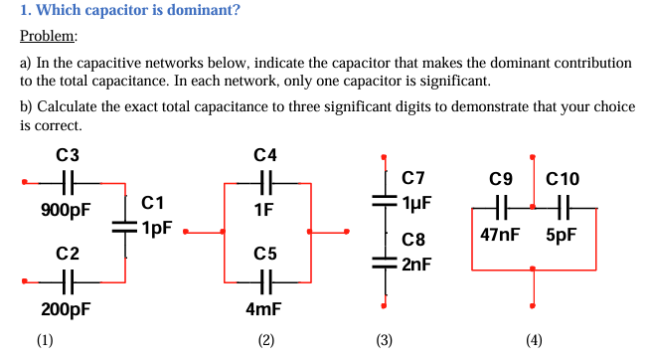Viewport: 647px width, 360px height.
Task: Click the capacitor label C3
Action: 68,155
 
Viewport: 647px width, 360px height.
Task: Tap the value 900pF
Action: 66,210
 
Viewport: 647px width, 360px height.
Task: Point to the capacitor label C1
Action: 153,203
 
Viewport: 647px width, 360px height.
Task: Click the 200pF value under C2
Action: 66,309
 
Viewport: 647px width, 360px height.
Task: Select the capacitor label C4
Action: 265,155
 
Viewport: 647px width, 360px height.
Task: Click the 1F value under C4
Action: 264,210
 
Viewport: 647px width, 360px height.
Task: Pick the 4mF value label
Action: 264,309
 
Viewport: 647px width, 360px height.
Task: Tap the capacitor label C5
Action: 265,254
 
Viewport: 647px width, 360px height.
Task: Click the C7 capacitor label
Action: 412,179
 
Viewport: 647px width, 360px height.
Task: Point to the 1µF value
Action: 416,201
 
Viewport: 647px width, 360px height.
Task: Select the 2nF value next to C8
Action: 416,264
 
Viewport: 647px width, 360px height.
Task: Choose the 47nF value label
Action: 500,236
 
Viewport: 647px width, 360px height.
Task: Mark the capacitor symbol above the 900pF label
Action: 68,183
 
